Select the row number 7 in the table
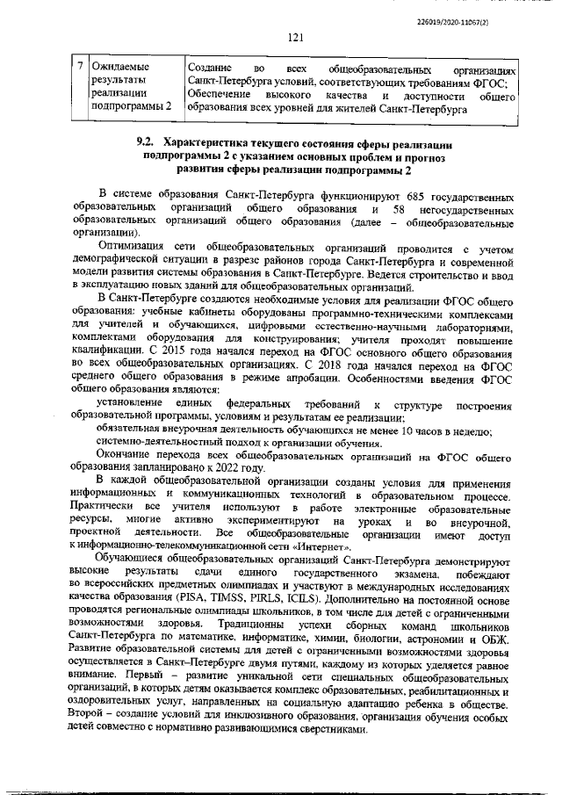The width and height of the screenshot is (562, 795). click(x=80, y=67)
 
